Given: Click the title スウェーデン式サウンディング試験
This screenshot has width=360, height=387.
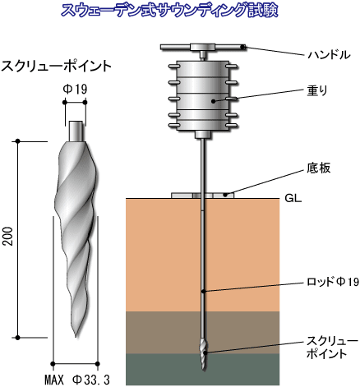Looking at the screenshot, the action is [x=169, y=11].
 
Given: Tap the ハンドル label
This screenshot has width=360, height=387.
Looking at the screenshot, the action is [x=329, y=55].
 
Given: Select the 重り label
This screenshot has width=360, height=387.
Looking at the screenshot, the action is [x=317, y=90].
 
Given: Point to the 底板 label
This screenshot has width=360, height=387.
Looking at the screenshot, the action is [x=319, y=168].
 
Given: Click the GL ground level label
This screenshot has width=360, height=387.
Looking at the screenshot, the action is [x=293, y=198].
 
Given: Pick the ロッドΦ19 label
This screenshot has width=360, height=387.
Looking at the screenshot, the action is [x=333, y=282].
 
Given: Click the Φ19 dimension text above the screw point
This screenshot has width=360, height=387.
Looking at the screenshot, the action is [x=75, y=89].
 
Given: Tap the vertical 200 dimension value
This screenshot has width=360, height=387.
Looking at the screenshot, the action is [x=9, y=236].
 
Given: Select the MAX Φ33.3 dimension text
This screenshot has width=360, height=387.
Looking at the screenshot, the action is [x=77, y=380].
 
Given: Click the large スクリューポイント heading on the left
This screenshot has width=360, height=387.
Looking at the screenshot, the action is [x=57, y=67].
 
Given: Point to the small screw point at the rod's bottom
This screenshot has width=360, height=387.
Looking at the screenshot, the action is [x=203, y=354].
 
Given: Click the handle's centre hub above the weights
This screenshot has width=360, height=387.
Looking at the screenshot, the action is [x=202, y=47].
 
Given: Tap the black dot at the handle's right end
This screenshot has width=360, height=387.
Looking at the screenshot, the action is [x=242, y=47].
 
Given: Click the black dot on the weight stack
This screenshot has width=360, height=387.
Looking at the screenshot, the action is [x=213, y=101].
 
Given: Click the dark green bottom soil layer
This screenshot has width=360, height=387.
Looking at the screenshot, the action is [x=203, y=369].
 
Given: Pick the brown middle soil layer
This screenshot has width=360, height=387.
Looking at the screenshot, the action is [x=203, y=332].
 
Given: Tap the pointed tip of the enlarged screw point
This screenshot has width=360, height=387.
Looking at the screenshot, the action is [x=76, y=337].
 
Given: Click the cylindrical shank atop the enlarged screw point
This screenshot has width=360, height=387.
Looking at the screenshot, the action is [x=76, y=131].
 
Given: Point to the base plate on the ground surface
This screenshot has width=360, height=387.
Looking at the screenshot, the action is [x=202, y=196].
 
